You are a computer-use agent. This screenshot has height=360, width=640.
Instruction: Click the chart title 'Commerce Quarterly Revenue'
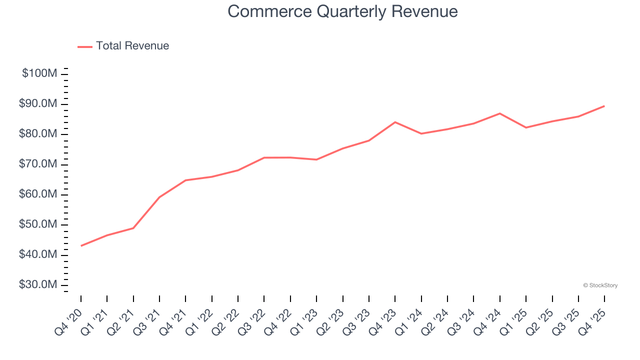[x=342, y=11]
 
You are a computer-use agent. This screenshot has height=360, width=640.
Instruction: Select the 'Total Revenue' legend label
[x=132, y=46]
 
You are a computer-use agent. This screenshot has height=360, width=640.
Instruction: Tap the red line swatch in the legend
[x=85, y=46]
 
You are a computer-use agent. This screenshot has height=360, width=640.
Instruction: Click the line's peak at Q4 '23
[x=395, y=122]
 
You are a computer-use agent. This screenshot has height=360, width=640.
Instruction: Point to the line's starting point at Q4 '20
[x=81, y=245]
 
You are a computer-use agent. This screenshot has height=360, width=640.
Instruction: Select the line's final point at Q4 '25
[x=604, y=106]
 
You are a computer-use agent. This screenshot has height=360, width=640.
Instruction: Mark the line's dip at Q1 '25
[x=526, y=127]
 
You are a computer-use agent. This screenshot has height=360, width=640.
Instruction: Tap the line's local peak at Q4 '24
[x=499, y=113]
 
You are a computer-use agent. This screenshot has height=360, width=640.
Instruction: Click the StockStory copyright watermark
[x=600, y=285]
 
